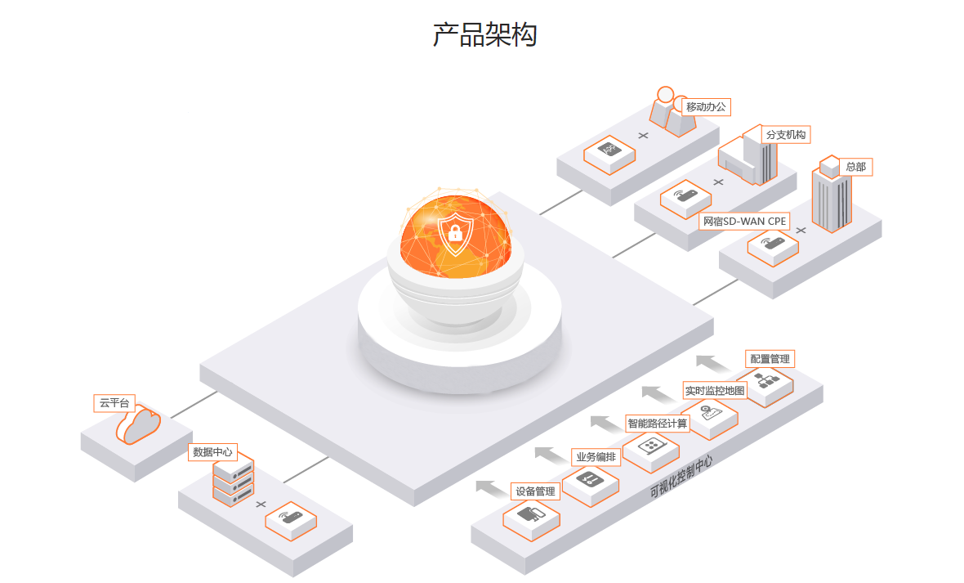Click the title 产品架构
click(484, 35)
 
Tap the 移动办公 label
click(706, 107)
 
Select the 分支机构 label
click(786, 135)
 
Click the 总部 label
click(855, 167)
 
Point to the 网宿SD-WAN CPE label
click(744, 221)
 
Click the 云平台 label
click(114, 403)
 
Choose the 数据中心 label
click(212, 451)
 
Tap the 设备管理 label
click(535, 491)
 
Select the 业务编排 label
click(596, 457)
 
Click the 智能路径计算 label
click(658, 423)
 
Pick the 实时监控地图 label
click(715, 391)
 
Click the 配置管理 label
click(770, 359)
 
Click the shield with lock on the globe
click(454, 232)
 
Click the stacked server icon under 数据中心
click(233, 482)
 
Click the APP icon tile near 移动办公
click(609, 152)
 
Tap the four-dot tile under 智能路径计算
click(651, 446)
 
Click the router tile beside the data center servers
click(291, 518)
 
